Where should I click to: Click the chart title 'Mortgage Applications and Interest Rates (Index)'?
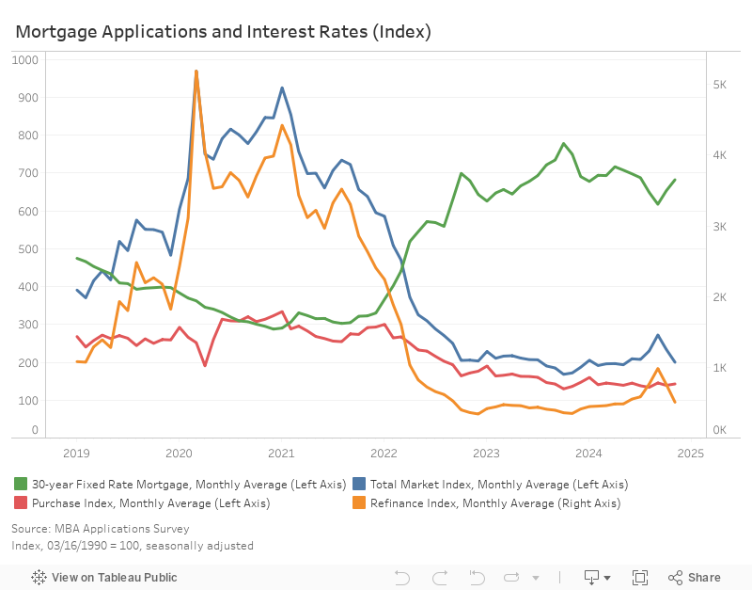[x=223, y=31]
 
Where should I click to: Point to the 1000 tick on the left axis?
[x=26, y=59]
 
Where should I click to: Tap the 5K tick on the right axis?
[x=719, y=85]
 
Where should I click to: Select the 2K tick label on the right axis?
[x=719, y=297]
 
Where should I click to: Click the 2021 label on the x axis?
[x=281, y=454]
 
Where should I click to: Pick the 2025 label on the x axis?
[x=691, y=454]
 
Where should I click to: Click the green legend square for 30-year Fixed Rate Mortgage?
[x=20, y=484]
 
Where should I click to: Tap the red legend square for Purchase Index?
[x=20, y=503]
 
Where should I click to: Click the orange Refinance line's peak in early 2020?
[x=196, y=71]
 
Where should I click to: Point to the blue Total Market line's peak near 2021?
[x=282, y=88]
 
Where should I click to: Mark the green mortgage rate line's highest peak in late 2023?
[x=563, y=144]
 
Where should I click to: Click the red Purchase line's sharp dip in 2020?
[x=205, y=365]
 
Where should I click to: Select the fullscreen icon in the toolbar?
[x=640, y=577]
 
